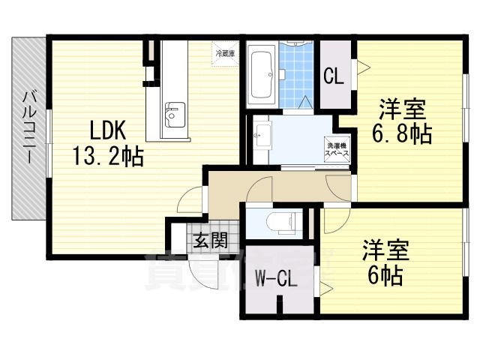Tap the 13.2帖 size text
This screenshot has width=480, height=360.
tap(107, 156)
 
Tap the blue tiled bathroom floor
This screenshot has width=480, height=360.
tap(295, 75)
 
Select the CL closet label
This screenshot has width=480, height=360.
tap(334, 76)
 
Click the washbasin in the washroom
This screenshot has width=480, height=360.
tap(263, 136)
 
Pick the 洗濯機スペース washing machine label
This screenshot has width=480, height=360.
tap(335, 147)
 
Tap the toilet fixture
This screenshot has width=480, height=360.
tap(283, 223)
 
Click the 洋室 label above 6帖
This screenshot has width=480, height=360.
tap(385, 250)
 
